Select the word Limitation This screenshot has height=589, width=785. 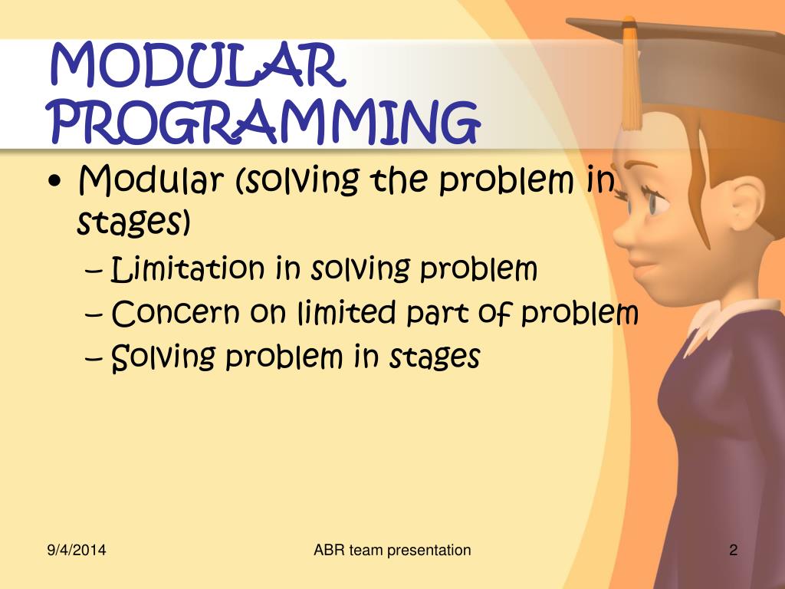188,269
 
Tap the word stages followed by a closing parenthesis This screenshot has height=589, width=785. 133,224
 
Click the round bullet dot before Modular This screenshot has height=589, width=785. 61,184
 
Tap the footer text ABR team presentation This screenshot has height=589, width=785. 392,550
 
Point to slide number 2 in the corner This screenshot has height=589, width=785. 733,550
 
